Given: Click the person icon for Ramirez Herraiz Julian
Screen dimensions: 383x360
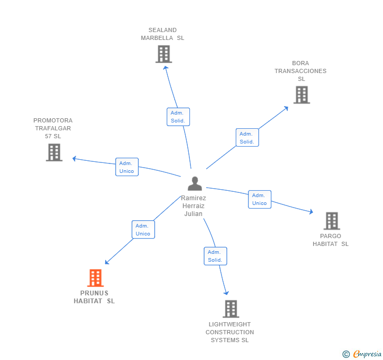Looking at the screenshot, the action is pos(195,183).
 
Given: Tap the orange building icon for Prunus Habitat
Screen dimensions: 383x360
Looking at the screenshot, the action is pos(95,278).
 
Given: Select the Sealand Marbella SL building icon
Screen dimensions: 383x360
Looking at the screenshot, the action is pos(164,54).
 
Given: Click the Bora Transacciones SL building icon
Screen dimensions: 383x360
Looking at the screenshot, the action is pos(301,95).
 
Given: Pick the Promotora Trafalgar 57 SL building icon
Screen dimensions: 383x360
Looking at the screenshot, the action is pos(54,152).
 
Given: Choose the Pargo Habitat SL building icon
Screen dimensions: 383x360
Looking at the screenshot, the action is pos(331,221).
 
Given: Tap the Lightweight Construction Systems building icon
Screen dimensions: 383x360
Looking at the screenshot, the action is pos(230,309).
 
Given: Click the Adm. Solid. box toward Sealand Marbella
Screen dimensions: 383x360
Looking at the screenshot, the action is pos(178,117).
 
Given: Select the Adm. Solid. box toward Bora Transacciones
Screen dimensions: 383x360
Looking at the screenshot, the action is pos(247,138).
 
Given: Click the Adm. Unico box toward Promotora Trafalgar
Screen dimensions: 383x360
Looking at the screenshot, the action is pos(127,167).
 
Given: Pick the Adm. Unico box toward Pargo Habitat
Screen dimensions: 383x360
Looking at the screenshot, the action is pos(259,199).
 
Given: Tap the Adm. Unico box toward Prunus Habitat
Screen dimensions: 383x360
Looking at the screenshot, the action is pos(143,230).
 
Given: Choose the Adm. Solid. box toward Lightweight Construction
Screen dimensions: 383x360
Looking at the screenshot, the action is pos(215,256).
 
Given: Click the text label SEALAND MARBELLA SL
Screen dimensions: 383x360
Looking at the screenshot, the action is pos(163,34).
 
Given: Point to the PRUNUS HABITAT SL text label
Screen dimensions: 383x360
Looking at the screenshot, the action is pos(94,297).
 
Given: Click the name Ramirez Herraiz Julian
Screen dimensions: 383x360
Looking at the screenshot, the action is pos(194,206).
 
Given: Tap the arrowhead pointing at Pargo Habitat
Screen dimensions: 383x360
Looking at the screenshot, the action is pos(311,212).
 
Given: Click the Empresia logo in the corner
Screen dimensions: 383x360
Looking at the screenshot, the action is pos(367,354).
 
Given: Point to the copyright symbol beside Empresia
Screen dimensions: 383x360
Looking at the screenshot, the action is pos(346,354).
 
